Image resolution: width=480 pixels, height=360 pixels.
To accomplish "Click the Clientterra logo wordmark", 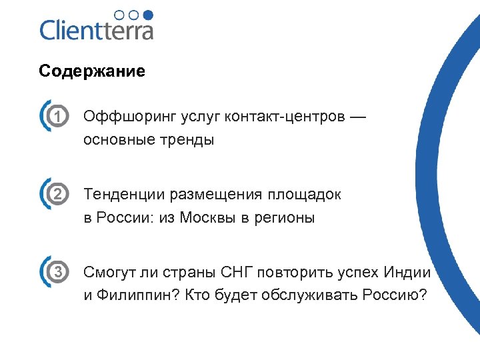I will (97, 30).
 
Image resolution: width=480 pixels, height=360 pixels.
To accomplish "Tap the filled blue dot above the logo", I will (149, 14).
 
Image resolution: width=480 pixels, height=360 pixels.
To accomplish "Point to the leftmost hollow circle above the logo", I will (119, 14).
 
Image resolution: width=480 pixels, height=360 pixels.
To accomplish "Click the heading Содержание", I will (92, 71).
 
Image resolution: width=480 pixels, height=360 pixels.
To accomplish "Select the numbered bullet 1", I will (59, 117).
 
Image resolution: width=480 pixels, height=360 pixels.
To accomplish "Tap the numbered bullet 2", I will (59, 195).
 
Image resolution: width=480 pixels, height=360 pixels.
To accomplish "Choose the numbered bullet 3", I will (59, 272).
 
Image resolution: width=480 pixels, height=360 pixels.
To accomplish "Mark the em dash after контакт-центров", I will (358, 117).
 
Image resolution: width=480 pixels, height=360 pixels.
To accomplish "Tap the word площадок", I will (305, 195).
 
